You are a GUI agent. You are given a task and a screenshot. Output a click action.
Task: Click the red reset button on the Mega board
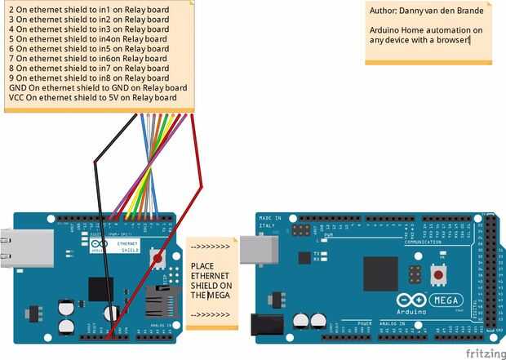[439, 275]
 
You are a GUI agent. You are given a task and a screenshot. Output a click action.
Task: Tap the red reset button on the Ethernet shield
[158, 259]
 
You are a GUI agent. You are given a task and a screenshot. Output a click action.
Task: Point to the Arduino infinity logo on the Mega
[409, 300]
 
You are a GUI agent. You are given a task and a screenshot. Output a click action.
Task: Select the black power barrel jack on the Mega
[267, 324]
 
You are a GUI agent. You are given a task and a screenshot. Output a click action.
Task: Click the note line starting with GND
[98, 87]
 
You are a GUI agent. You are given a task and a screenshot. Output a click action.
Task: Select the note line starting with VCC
[93, 97]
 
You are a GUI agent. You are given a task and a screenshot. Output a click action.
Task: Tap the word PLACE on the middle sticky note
[202, 266]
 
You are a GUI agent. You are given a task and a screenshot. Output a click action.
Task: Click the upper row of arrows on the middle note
[208, 245]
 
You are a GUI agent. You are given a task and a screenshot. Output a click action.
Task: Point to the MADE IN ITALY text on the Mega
[270, 222]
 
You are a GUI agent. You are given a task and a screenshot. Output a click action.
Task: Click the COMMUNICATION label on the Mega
[422, 242]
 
